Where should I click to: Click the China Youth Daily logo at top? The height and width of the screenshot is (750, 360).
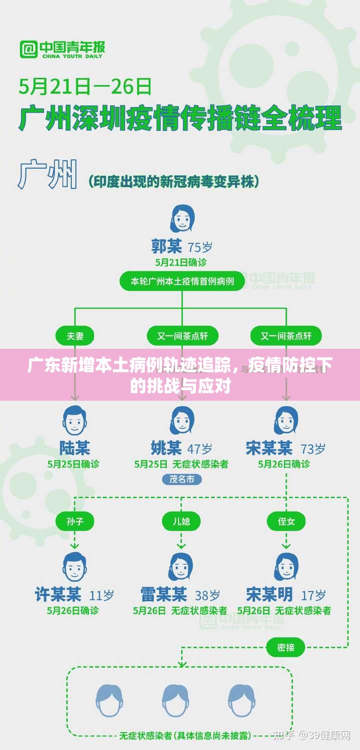click(62, 49)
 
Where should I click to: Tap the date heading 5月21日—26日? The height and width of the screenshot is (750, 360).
click(85, 86)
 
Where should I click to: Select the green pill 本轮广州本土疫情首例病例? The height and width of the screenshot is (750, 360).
click(182, 281)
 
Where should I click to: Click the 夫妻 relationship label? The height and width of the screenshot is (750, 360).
click(75, 336)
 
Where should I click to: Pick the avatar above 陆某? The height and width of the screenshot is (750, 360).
click(75, 421)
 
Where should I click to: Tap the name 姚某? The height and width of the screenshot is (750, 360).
click(166, 448)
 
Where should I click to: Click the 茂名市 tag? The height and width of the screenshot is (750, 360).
click(181, 479)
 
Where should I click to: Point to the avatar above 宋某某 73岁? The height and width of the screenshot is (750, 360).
click(286, 421)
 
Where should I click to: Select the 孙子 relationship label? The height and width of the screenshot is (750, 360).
click(75, 521)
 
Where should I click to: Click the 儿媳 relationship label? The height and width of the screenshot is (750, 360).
click(181, 521)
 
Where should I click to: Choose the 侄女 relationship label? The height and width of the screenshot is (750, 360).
click(286, 521)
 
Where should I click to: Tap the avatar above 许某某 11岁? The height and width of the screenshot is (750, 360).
click(75, 567)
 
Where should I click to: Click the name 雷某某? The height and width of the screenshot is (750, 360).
click(164, 595)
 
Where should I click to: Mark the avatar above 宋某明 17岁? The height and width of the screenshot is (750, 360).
click(286, 567)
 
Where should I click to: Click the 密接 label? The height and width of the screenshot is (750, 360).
click(286, 648)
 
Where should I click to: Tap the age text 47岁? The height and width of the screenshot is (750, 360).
click(200, 448)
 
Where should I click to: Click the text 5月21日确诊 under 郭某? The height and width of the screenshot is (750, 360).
click(181, 262)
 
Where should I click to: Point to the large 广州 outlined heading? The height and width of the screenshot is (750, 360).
click(48, 175)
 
